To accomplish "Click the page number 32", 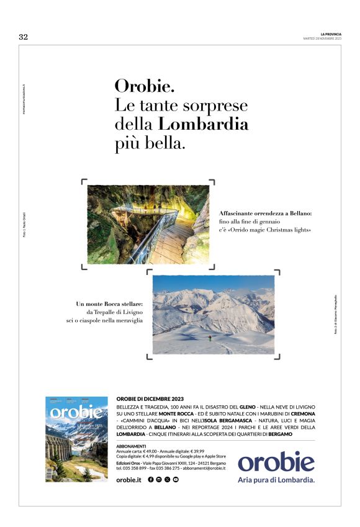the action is tap(24, 37).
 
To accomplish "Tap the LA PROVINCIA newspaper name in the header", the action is tap(331, 34).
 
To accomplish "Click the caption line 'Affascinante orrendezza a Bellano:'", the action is tap(265, 213).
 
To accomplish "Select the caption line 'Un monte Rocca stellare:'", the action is tap(109, 304).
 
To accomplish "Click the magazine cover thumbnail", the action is tap(76, 439).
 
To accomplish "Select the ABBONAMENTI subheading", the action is tap(131, 446).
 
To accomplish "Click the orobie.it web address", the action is tap(129, 480).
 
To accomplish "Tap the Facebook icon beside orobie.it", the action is tap(151, 480).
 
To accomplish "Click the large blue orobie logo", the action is tap(276, 462).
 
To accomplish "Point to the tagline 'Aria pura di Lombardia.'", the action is tap(276, 480).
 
